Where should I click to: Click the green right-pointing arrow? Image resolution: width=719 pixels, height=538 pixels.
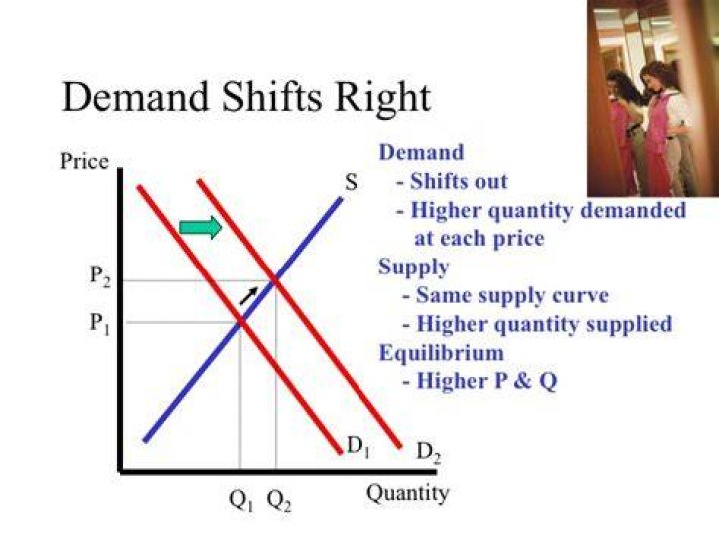(x=201, y=227)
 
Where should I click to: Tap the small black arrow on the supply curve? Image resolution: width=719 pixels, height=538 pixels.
(x=248, y=296)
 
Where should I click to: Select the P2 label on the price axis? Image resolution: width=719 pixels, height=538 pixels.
(x=100, y=276)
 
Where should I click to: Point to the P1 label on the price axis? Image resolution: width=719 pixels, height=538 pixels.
(x=100, y=324)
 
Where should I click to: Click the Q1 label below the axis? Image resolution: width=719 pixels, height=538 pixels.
(x=241, y=501)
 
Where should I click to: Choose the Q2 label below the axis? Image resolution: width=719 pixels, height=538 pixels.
(x=279, y=501)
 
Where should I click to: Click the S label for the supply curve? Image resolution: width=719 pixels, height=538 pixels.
(x=351, y=183)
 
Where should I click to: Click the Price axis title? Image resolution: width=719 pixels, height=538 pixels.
(x=84, y=162)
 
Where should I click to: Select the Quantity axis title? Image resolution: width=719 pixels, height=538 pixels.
(x=408, y=494)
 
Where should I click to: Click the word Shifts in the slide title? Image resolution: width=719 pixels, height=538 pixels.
(x=272, y=97)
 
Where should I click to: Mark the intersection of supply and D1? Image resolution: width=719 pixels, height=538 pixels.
(x=240, y=323)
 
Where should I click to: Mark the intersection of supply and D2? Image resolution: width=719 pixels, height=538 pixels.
(x=275, y=281)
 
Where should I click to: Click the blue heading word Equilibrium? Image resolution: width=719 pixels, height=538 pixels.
(x=441, y=353)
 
